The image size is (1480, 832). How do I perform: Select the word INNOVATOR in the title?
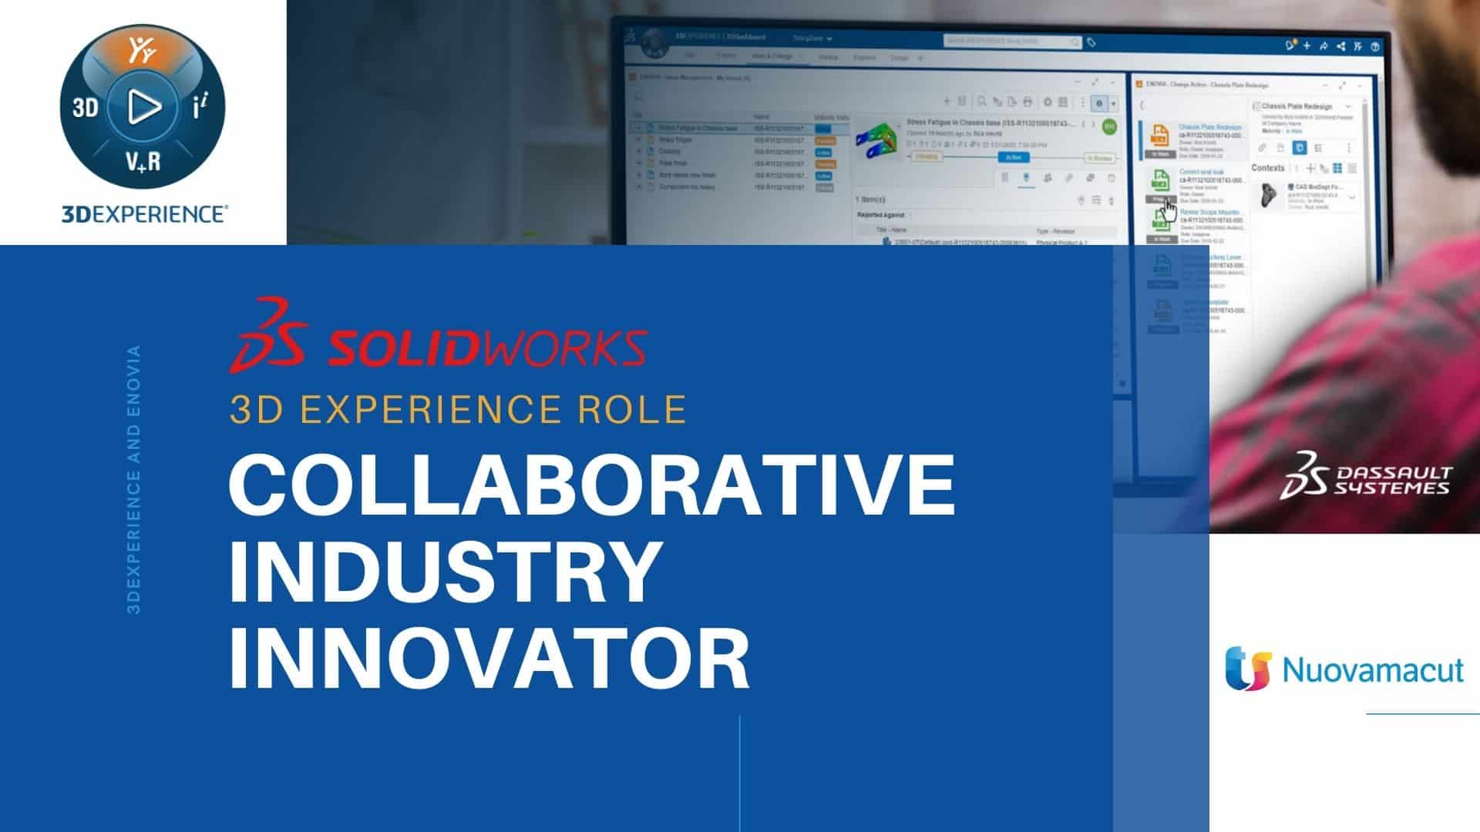pyautogui.click(x=489, y=659)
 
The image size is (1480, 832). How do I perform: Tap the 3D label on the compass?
pyautogui.click(x=86, y=108)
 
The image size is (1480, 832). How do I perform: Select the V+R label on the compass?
pyautogui.click(x=143, y=162)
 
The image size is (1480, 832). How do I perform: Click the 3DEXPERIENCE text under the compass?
pyautogui.click(x=144, y=214)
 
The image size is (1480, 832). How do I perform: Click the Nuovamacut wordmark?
pyautogui.click(x=1372, y=669)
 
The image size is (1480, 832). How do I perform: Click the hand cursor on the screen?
pyautogui.click(x=1169, y=210)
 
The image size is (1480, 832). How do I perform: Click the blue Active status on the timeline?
pyautogui.click(x=1013, y=157)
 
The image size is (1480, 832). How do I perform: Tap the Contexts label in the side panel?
pyautogui.click(x=1267, y=168)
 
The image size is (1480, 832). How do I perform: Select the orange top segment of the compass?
pyautogui.click(x=143, y=51)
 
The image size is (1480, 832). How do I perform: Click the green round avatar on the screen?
pyautogui.click(x=1108, y=127)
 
